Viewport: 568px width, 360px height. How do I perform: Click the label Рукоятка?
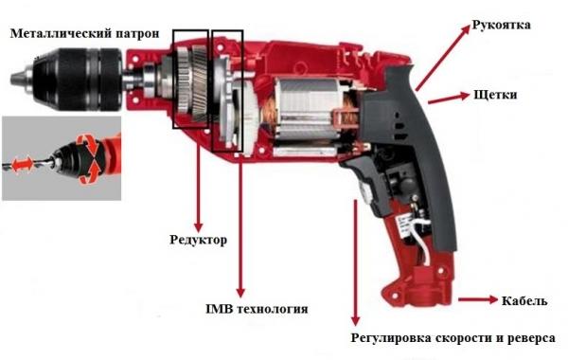(502, 25)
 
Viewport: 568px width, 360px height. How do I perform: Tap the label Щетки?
(495, 95)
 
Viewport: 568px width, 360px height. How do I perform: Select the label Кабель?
(524, 300)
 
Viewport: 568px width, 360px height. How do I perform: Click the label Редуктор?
(199, 240)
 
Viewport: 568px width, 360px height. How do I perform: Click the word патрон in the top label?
(137, 34)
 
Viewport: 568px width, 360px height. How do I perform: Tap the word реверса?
(531, 338)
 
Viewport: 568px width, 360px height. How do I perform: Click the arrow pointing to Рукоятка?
(443, 58)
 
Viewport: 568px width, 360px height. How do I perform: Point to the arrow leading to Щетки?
(449, 99)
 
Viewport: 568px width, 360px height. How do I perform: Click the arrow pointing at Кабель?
(478, 299)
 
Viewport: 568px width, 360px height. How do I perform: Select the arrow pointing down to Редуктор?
(198, 187)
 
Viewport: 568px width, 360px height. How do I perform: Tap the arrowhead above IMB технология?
(240, 293)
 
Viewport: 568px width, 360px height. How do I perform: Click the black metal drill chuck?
(76, 79)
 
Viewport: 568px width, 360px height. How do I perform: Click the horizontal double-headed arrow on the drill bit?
(23, 164)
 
